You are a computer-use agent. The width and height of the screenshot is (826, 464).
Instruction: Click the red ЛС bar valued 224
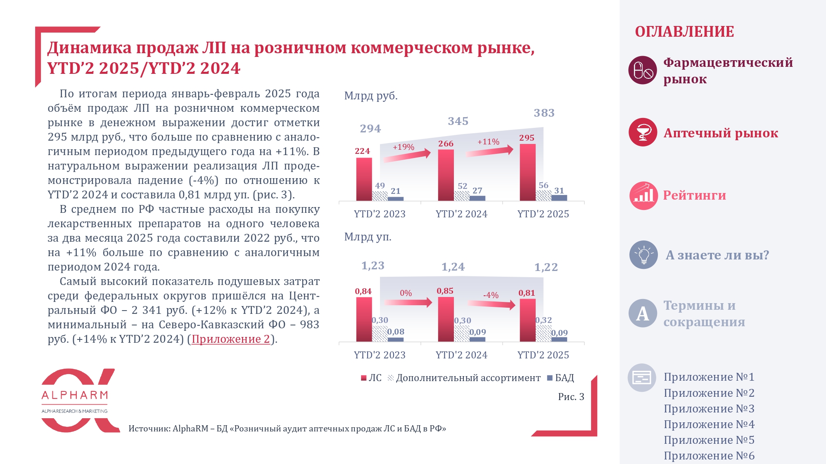pyautogui.click(x=364, y=179)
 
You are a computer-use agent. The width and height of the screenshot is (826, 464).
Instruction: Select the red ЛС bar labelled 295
pyautogui.click(x=527, y=172)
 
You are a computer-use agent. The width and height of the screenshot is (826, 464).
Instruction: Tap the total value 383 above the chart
pyautogui.click(x=544, y=113)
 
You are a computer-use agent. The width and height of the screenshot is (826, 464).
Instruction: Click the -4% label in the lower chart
pyautogui.click(x=491, y=295)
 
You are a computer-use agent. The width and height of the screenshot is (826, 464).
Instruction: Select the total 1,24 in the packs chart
pyautogui.click(x=453, y=267)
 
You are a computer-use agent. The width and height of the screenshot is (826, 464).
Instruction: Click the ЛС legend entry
pyautogui.click(x=371, y=378)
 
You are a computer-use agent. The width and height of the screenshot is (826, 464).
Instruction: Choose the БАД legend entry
pyautogui.click(x=560, y=378)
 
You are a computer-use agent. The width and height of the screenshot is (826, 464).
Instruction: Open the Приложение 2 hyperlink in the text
pyautogui.click(x=230, y=339)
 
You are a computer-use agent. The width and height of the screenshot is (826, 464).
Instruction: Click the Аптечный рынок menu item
pyautogui.click(x=720, y=133)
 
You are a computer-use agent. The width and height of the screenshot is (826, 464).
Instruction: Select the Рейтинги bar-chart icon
pyautogui.click(x=643, y=195)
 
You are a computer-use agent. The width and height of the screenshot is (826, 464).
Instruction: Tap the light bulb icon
pyautogui.click(x=643, y=255)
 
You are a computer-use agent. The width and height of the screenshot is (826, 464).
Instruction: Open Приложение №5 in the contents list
pyautogui.click(x=709, y=440)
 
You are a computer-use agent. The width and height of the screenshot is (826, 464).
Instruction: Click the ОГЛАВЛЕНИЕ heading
pyautogui.click(x=684, y=32)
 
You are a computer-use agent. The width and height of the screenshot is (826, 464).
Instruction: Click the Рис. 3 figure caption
pyautogui.click(x=571, y=397)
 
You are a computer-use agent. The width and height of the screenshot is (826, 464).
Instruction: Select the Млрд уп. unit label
pyautogui.click(x=368, y=237)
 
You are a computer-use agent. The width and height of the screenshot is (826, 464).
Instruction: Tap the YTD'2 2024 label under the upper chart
pyautogui.click(x=461, y=214)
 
